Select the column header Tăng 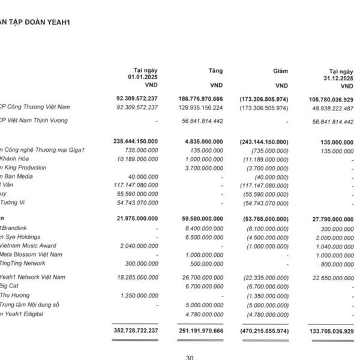tap(214, 71)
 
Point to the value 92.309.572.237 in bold tap(136, 98)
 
